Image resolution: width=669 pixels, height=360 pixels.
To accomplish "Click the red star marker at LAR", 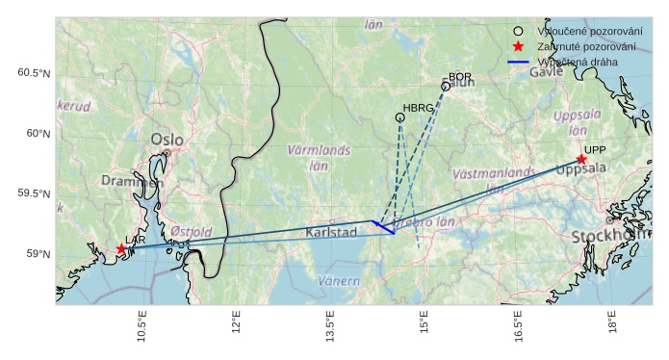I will tap(121, 249).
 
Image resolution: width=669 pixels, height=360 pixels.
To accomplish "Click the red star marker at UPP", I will tap(581, 160).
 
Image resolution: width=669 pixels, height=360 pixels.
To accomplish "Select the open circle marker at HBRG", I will tap(399, 117).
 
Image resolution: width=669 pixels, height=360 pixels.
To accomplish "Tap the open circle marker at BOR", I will tap(446, 87).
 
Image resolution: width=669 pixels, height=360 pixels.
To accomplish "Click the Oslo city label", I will tap(167, 141).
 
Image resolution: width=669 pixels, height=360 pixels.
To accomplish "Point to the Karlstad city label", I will tap(332, 233).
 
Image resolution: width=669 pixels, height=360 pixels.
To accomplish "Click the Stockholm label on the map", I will tap(609, 236).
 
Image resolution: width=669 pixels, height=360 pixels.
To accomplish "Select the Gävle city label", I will tap(546, 72).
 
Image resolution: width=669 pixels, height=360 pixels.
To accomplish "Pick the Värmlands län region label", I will tap(319, 157).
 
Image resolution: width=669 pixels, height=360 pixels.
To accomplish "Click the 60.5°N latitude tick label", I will tap(34, 73).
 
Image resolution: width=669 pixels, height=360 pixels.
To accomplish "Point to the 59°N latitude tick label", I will tap(38, 254).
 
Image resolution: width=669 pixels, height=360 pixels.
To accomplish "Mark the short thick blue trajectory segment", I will tap(383, 227).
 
